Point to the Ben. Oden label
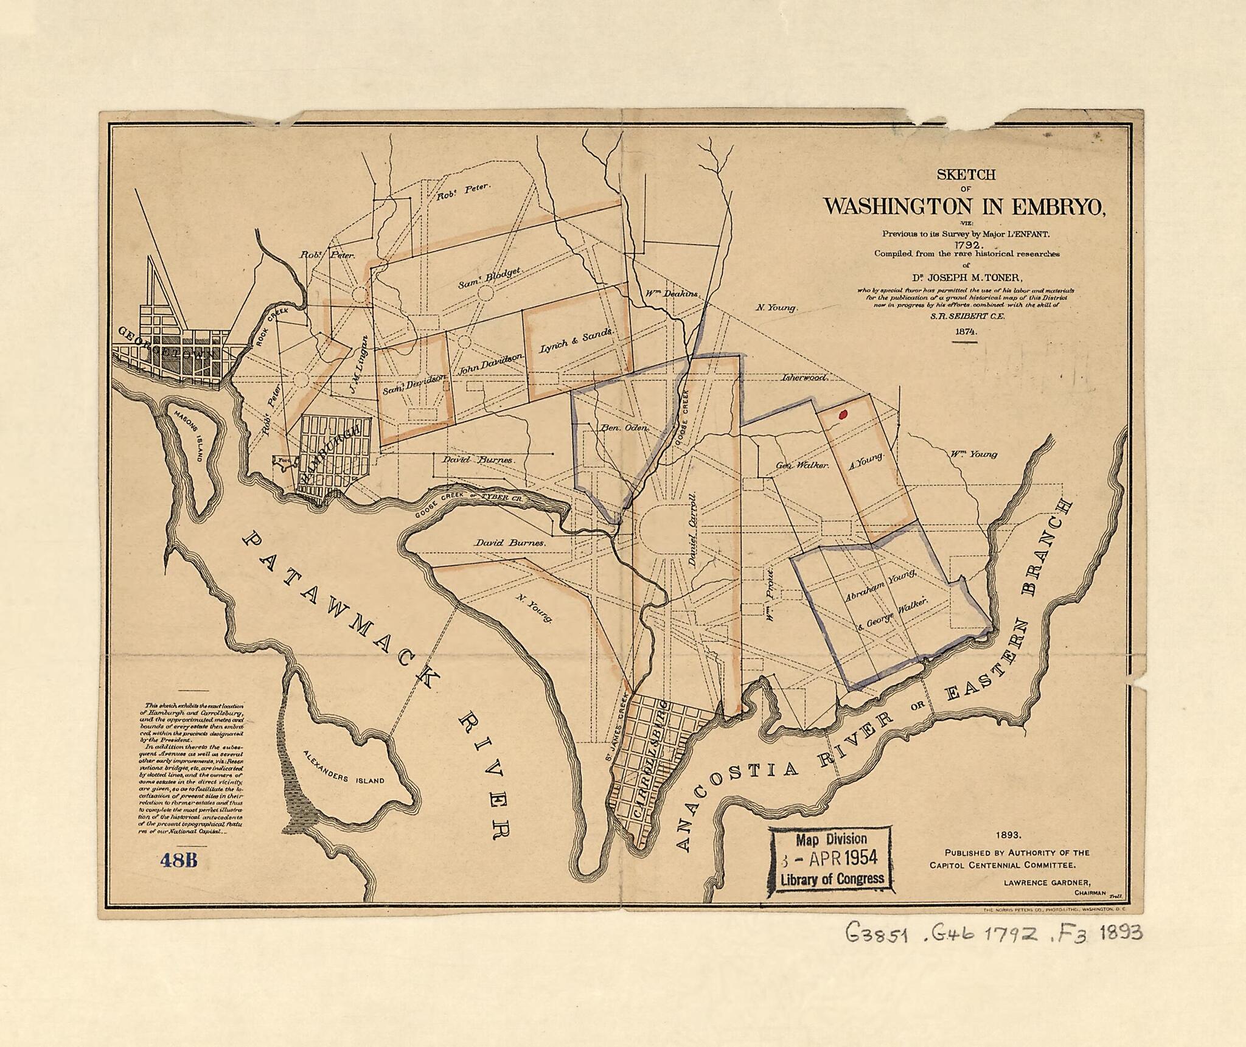pos(625,428)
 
